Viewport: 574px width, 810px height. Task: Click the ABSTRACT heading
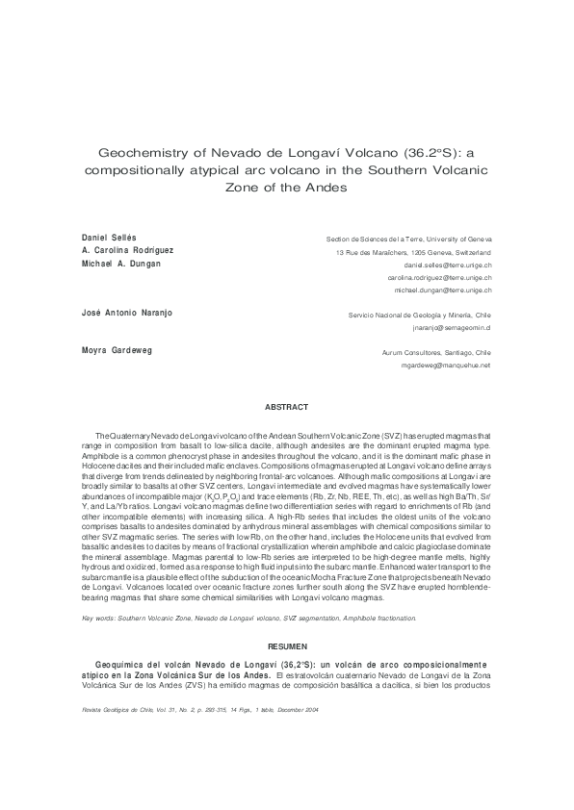[286, 407]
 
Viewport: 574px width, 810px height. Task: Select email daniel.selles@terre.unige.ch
[448, 264]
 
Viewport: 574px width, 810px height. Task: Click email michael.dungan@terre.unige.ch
[443, 290]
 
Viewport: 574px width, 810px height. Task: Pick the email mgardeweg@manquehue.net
[446, 366]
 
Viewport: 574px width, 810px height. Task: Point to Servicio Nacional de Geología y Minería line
[419, 315]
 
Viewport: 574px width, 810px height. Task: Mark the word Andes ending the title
[326, 187]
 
